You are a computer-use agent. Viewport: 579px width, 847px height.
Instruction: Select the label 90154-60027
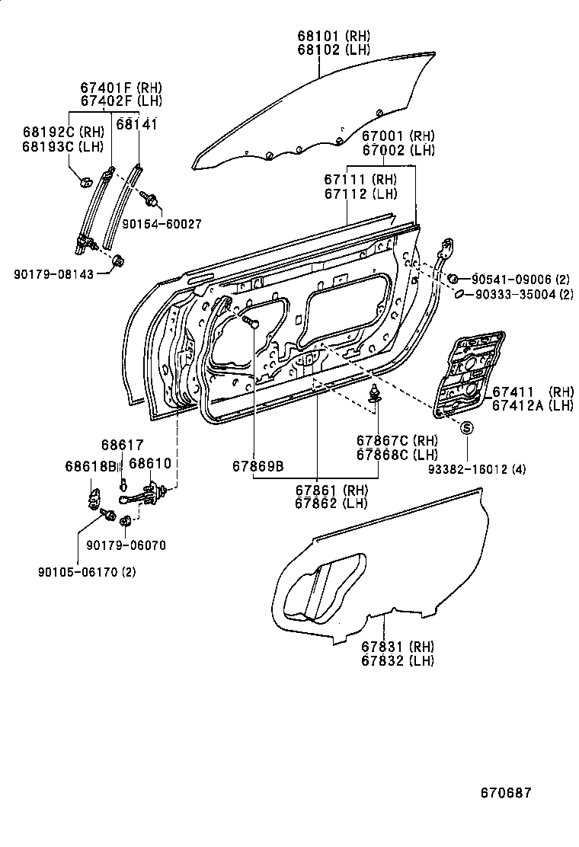coord(162,225)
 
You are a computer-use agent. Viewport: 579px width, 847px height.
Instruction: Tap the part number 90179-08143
coord(56,273)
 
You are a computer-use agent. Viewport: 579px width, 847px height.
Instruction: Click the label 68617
coord(122,444)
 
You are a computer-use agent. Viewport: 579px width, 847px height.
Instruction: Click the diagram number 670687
coord(506,793)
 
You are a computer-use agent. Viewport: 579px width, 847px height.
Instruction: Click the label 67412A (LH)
coord(533,405)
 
